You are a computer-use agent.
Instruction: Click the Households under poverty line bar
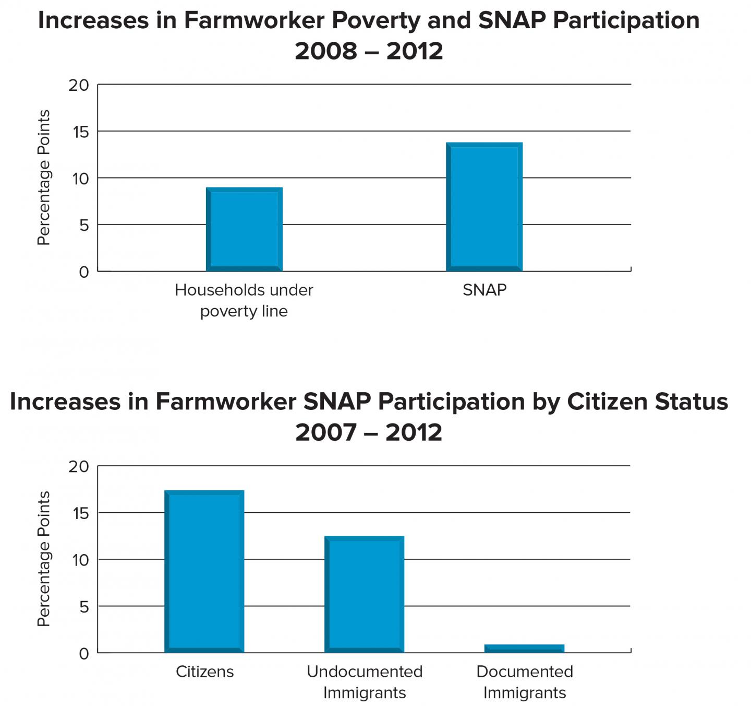(x=244, y=229)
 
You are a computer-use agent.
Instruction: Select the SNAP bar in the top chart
(x=484, y=207)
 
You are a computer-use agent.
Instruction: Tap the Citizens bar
(x=204, y=571)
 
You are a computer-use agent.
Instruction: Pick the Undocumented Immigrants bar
(x=364, y=594)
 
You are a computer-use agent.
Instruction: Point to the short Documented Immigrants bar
(x=524, y=649)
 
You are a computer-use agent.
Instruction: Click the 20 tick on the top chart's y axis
(x=79, y=85)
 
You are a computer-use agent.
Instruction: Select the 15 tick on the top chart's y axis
(x=80, y=132)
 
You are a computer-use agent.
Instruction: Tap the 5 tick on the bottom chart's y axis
(x=83, y=607)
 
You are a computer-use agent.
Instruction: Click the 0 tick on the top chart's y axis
(x=83, y=272)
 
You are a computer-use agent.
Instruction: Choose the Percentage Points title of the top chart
(x=44, y=178)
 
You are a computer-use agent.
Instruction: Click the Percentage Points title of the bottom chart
(x=44, y=559)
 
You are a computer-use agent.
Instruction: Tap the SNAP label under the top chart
(x=484, y=290)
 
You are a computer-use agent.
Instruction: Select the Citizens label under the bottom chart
(x=204, y=672)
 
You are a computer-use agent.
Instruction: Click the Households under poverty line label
(x=244, y=300)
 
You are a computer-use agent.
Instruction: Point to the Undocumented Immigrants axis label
(x=365, y=682)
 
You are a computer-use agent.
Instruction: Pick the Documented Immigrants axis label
(x=525, y=682)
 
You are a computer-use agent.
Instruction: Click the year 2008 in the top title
(x=326, y=51)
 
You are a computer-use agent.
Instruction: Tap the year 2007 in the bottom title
(x=326, y=432)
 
